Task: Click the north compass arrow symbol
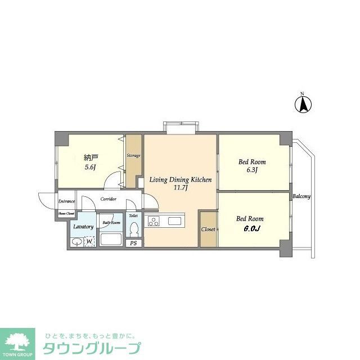point(304,104)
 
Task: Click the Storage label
point(133,155)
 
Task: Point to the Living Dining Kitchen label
point(180,180)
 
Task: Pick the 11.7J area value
point(180,188)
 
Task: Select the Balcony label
point(301,196)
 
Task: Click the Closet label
point(208,229)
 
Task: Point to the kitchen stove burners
point(154,221)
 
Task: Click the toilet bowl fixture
point(134,230)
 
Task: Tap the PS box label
point(134,243)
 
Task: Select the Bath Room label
point(111,222)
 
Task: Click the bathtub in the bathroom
point(111,238)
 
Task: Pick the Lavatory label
point(83,226)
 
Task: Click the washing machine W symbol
point(89,242)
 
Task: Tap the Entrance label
point(66,201)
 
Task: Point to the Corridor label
point(109,199)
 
